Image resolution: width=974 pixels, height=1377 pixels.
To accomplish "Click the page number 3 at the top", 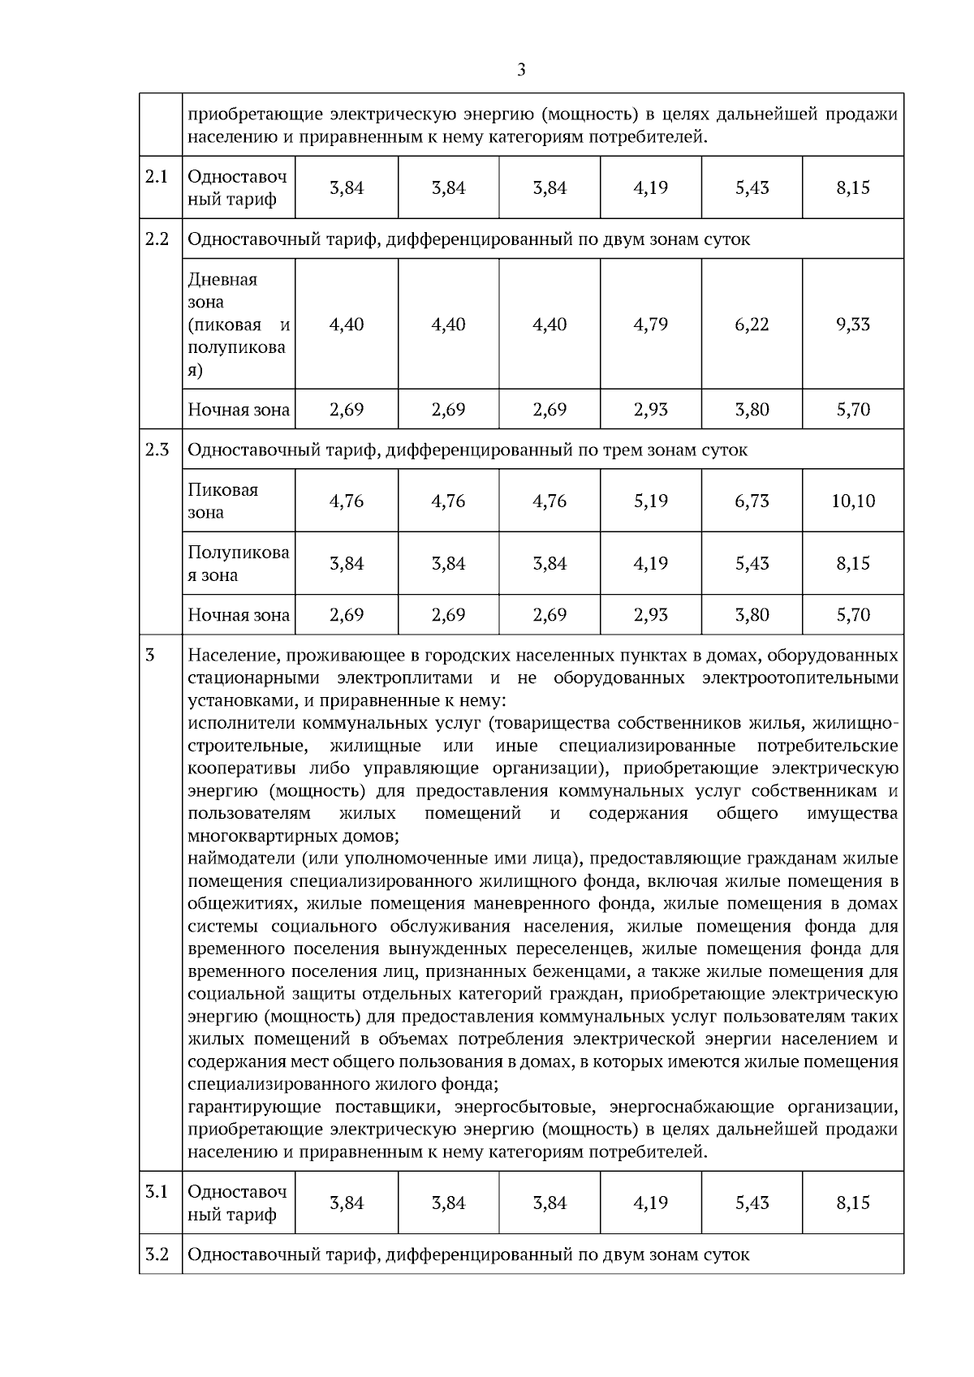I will click(x=521, y=70).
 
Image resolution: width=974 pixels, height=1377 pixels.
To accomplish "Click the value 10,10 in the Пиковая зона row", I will click(x=852, y=501).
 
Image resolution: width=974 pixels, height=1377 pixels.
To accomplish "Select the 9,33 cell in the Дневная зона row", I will click(x=852, y=325).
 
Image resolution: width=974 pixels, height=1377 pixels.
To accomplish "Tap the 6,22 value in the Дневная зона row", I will click(x=752, y=325).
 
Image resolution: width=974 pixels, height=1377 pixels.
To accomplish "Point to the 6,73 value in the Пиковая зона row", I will click(x=752, y=501).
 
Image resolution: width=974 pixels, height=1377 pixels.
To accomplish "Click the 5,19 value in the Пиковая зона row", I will click(x=650, y=501).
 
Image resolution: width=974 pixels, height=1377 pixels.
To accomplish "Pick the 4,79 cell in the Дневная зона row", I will click(x=650, y=325).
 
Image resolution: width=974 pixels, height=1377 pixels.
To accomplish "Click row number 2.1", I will click(x=157, y=177).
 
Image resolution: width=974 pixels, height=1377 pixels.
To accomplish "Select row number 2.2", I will click(x=157, y=239).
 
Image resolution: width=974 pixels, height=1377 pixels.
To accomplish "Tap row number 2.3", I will click(x=157, y=450).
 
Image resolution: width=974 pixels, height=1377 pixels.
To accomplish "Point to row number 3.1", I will click(x=157, y=1192).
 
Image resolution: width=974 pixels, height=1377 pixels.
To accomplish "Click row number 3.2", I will click(x=157, y=1254).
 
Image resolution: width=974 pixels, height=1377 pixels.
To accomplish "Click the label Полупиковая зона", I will click(x=238, y=564).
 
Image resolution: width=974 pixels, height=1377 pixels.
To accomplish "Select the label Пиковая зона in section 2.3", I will click(x=222, y=501).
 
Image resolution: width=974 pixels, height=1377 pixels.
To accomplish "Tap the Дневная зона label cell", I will click(x=238, y=325).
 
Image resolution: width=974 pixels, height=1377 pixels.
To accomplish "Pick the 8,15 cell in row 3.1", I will click(x=852, y=1203).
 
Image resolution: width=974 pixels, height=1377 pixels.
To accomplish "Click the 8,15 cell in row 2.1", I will click(x=852, y=188).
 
